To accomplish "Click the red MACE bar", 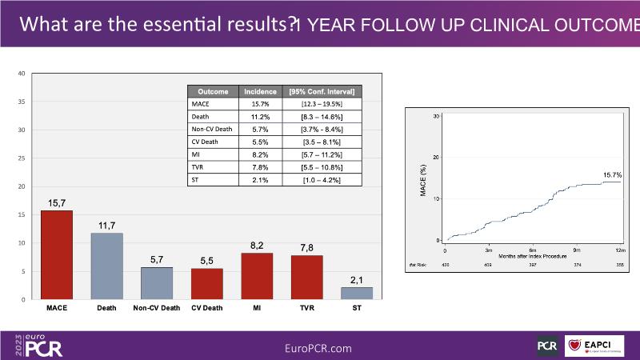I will click(57, 254).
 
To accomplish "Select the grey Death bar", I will click(106, 266).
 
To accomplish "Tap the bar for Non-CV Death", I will click(157, 282).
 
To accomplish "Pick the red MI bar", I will click(257, 275).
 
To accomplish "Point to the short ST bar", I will click(357, 293).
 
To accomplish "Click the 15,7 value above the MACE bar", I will click(57, 204).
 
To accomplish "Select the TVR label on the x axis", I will click(306, 307).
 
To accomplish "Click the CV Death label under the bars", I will click(206, 307).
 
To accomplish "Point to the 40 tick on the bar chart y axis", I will click(22, 74).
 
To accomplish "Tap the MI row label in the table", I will click(195, 154).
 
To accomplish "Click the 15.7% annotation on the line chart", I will click(612, 174).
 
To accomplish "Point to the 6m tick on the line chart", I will click(533, 250).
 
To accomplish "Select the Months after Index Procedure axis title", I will click(533, 256).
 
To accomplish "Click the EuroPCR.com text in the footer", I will click(318, 348).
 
